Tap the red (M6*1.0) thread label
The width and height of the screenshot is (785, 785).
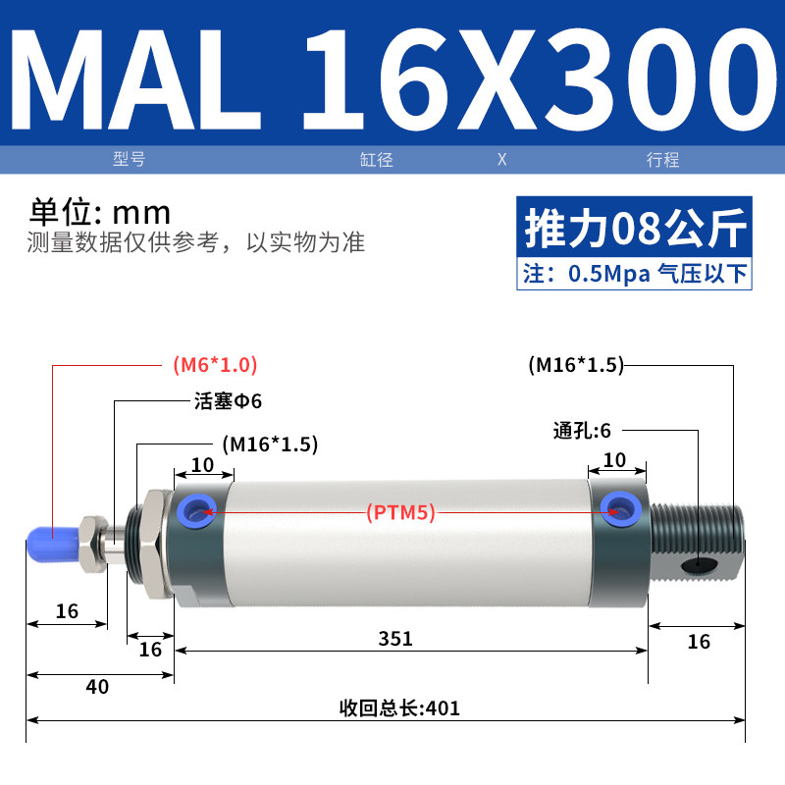coord(215,365)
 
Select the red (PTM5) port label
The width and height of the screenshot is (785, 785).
coord(400,512)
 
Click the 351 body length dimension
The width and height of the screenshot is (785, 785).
coord(395,639)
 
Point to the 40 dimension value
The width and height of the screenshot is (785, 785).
coord(97,687)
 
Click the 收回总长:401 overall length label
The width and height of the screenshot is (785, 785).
coord(399,708)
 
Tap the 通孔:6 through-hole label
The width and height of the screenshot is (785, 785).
coord(582,431)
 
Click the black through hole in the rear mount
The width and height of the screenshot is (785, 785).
coord(699,564)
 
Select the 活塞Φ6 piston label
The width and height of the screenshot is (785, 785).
coord(229,401)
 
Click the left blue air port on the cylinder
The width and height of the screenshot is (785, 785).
coord(197,511)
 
